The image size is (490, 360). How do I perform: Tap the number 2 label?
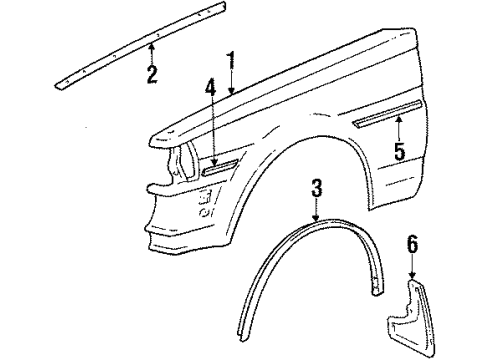coord(151,74)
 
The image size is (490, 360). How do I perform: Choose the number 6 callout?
coord(413,269)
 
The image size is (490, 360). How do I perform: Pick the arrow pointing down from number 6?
coord(413,290)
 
